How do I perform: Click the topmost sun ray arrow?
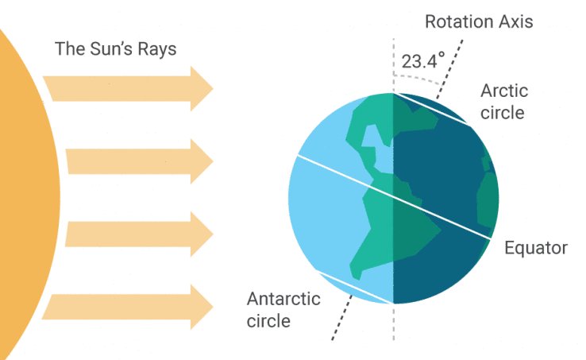pos(127,87)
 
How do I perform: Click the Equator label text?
pos(536,248)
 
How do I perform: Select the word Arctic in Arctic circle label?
pos(504,91)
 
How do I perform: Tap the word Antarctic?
pos(283,299)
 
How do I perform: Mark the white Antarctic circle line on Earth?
pos(353,288)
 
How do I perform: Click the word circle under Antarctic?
pos(268,321)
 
